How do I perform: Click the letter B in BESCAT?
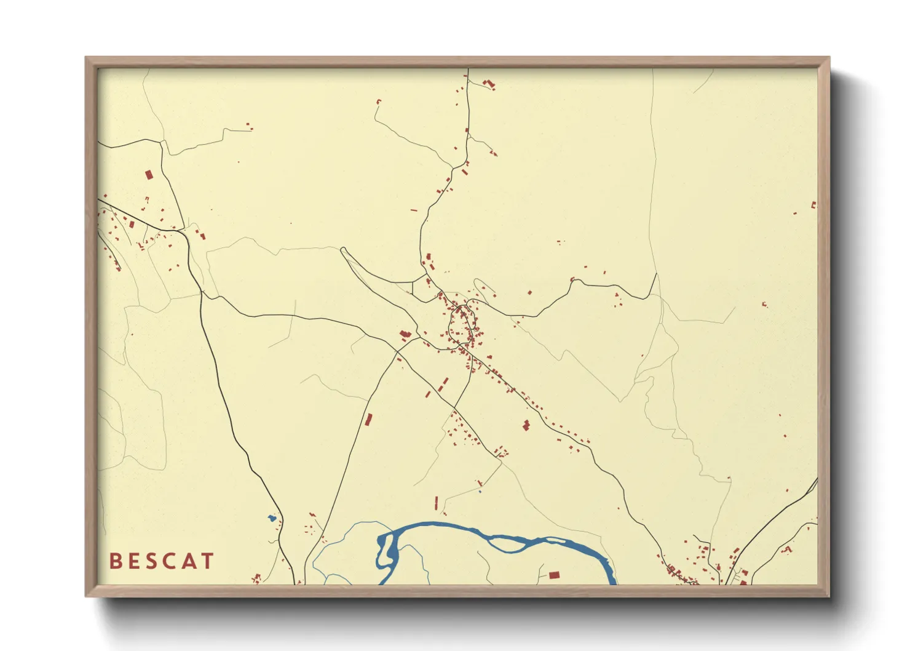[x=115, y=561]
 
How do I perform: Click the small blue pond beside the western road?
[x=271, y=518]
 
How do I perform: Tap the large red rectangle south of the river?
[x=554, y=575]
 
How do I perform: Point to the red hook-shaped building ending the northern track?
[x=378, y=102]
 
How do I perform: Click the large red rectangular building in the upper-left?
[x=148, y=175]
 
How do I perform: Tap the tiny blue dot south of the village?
[x=480, y=490]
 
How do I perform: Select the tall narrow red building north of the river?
[x=437, y=503]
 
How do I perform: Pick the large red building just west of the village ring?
[x=404, y=335]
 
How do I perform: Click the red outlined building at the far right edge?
[x=813, y=205]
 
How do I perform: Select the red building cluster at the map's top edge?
[x=489, y=84]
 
